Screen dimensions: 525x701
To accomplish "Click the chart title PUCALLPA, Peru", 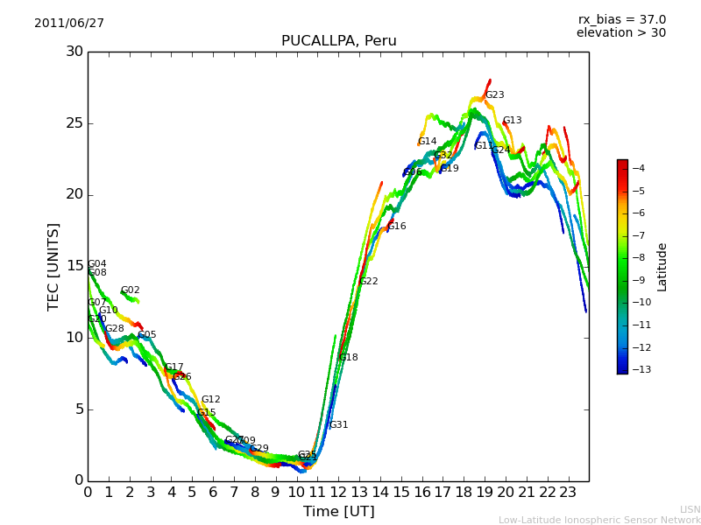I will click(338, 41).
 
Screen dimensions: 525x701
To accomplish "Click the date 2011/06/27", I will click(69, 23).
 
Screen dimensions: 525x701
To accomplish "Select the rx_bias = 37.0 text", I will click(622, 19).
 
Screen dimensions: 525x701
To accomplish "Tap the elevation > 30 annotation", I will click(620, 33).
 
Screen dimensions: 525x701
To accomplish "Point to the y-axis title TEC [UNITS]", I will click(53, 266).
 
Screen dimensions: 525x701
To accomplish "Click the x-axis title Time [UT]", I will click(338, 511).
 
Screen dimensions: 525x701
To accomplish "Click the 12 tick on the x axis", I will click(338, 492).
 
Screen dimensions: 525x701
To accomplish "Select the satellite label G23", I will click(495, 95).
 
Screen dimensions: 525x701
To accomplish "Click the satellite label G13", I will click(513, 121).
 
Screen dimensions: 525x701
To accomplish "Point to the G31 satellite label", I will click(339, 425).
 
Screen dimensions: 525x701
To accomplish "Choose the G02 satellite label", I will click(131, 290).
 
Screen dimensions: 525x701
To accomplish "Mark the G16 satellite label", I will click(397, 227).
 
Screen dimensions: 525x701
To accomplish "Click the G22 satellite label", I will click(369, 282).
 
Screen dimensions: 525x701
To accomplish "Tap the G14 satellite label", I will click(427, 142).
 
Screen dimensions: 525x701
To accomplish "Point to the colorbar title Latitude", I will click(662, 266).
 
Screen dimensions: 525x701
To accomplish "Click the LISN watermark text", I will click(690, 509).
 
